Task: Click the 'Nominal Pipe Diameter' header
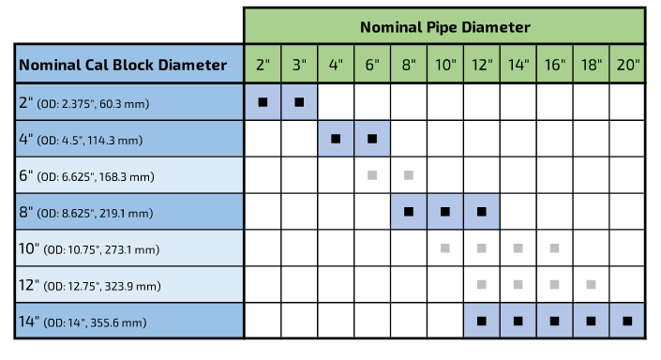(x=444, y=26)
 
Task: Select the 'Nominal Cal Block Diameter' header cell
(x=123, y=65)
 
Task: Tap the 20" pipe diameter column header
(x=627, y=65)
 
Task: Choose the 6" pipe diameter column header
(x=372, y=65)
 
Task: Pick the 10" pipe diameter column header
(x=445, y=65)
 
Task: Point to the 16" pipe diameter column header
(x=554, y=65)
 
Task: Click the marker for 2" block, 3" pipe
(x=299, y=102)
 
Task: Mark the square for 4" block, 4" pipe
(x=336, y=139)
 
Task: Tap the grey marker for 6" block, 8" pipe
(x=409, y=175)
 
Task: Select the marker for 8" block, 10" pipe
(x=445, y=212)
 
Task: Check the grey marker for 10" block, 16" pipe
(x=554, y=248)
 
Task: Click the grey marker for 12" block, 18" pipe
(x=591, y=284)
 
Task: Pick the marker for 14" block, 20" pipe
(x=627, y=321)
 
